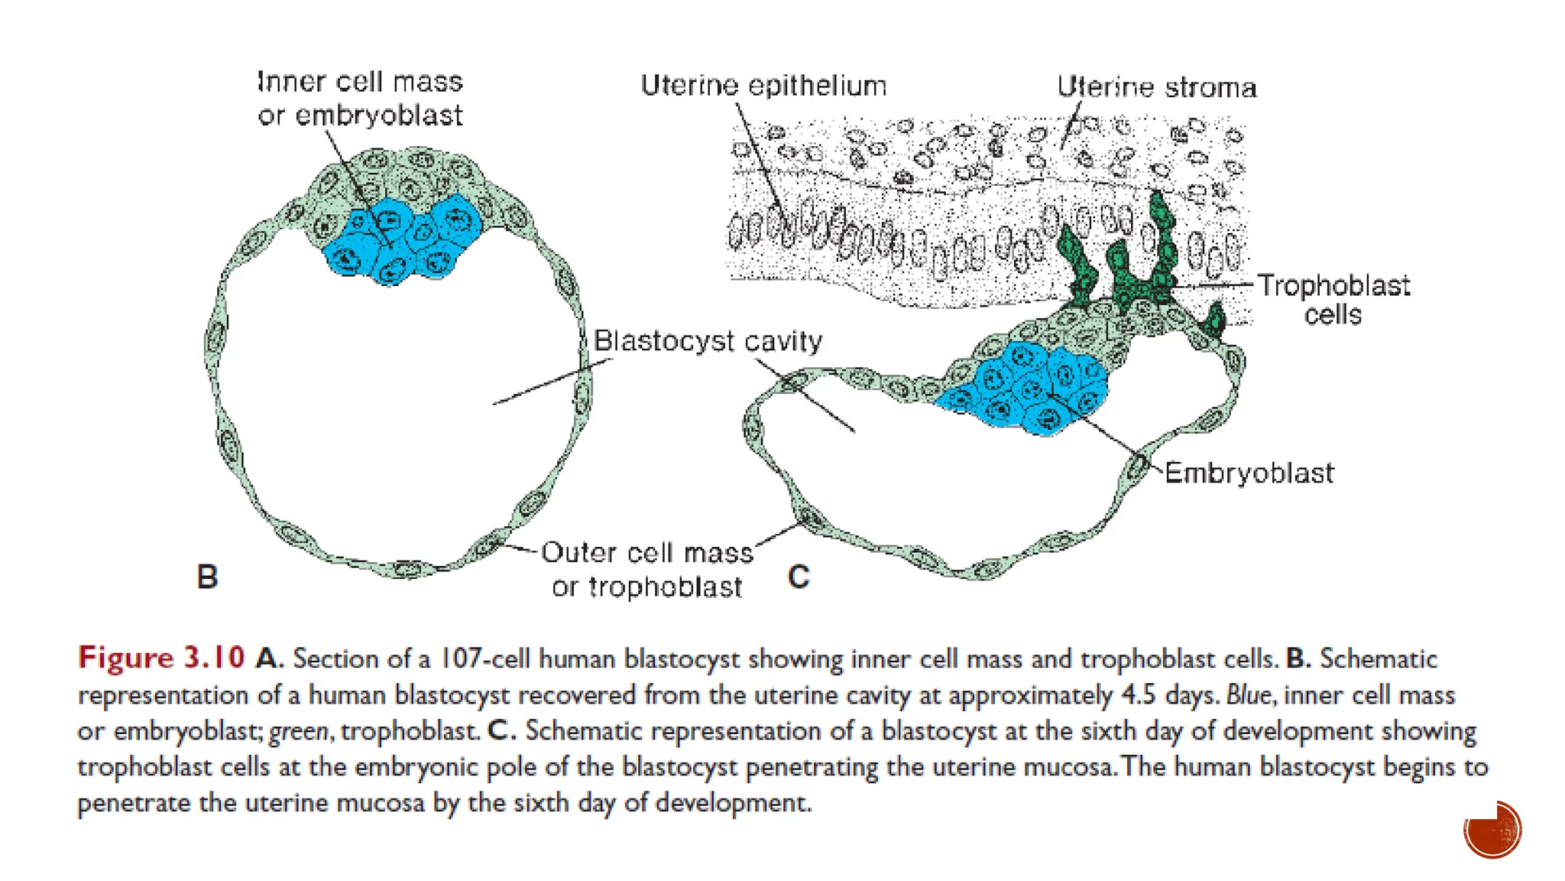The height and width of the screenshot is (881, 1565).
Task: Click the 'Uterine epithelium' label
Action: pyautogui.click(x=763, y=86)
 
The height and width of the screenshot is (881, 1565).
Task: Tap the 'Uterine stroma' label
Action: pyautogui.click(x=1156, y=87)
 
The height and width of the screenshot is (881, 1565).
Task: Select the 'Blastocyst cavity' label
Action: pyautogui.click(x=708, y=340)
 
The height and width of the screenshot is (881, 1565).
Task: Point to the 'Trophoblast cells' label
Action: pyautogui.click(x=1333, y=299)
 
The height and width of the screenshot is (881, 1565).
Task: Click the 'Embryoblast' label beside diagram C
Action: pyautogui.click(x=1249, y=473)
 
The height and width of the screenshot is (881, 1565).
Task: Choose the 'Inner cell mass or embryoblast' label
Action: pyautogui.click(x=360, y=99)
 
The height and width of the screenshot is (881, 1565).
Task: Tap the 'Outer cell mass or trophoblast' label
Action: pyautogui.click(x=646, y=569)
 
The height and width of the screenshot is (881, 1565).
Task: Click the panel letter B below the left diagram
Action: pyautogui.click(x=207, y=577)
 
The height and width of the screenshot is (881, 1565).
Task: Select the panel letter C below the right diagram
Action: pyautogui.click(x=799, y=577)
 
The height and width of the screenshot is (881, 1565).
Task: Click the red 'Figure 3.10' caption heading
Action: pyautogui.click(x=161, y=658)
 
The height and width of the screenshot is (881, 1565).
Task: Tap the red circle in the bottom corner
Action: pyautogui.click(x=1492, y=830)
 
